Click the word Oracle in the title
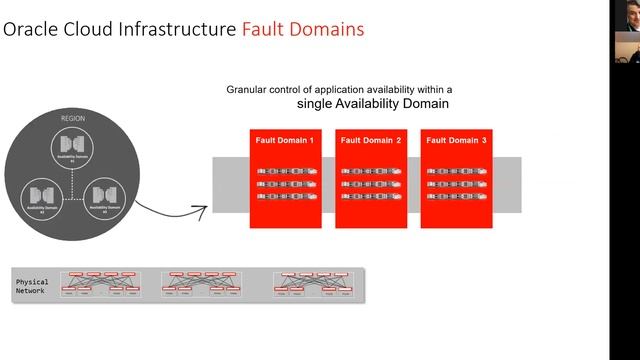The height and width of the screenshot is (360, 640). coord(29,29)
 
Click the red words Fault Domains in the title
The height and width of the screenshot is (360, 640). coord(303,29)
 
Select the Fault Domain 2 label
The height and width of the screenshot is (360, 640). coord(371,141)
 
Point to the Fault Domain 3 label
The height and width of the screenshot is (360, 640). coord(456,141)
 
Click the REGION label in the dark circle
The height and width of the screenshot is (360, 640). coord(73,118)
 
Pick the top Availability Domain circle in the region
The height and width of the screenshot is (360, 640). coord(73,149)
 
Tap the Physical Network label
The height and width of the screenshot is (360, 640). coord(32,288)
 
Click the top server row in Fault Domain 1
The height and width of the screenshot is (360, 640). coord(285,172)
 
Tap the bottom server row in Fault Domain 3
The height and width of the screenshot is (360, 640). coord(456,197)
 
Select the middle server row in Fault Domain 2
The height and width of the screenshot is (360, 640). coord(371,184)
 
